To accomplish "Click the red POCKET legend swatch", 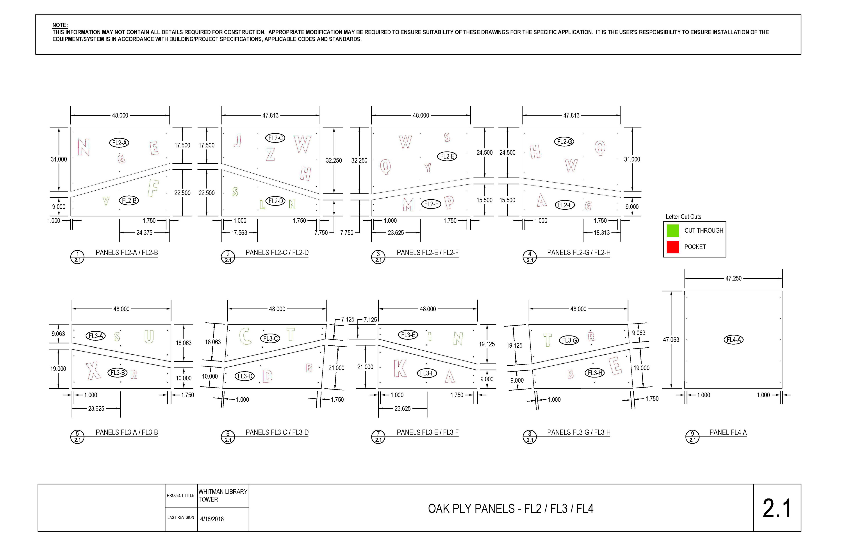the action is pyautogui.click(x=673, y=247).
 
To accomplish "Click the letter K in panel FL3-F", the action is pyautogui.click(x=400, y=368).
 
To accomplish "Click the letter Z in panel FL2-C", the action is pyautogui.click(x=270, y=154).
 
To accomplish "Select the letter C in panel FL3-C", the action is pyautogui.click(x=245, y=336).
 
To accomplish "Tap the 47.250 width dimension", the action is pyautogui.click(x=733, y=279).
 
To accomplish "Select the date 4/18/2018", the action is pyautogui.click(x=212, y=519).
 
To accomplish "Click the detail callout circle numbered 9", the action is pyautogui.click(x=692, y=437).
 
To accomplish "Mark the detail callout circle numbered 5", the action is pyautogui.click(x=77, y=437).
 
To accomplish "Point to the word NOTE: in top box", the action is pyautogui.click(x=60, y=25).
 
